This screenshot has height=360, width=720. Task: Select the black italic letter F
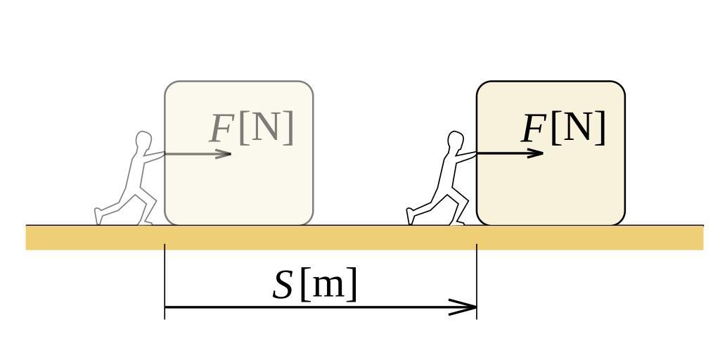click(x=533, y=129)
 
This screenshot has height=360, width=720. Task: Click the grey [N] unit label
click(x=266, y=127)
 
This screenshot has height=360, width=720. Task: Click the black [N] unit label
click(x=578, y=127)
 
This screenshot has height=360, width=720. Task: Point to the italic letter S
click(x=282, y=285)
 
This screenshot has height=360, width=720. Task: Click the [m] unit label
click(x=328, y=284)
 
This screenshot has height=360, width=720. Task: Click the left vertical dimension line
click(x=165, y=281)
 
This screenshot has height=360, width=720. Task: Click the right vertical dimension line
click(x=477, y=281)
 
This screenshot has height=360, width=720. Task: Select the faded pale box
click(x=239, y=186)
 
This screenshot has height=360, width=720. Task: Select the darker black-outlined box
click(x=551, y=186)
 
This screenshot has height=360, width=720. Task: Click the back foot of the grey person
click(x=99, y=216)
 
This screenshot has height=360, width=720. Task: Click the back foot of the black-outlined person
click(x=411, y=216)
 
